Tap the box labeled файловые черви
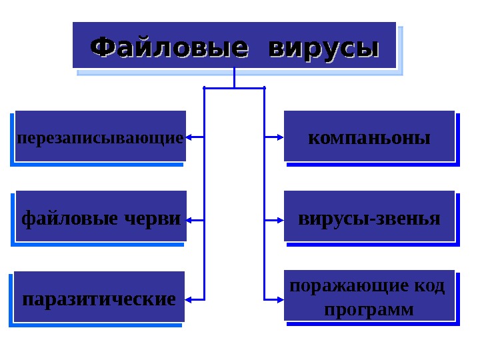point(101,217)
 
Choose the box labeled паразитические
point(99,297)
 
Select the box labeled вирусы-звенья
point(369,217)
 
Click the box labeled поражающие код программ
point(369,296)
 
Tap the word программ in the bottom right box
point(369,310)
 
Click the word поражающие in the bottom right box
point(339,286)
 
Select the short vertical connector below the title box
point(235,78)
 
